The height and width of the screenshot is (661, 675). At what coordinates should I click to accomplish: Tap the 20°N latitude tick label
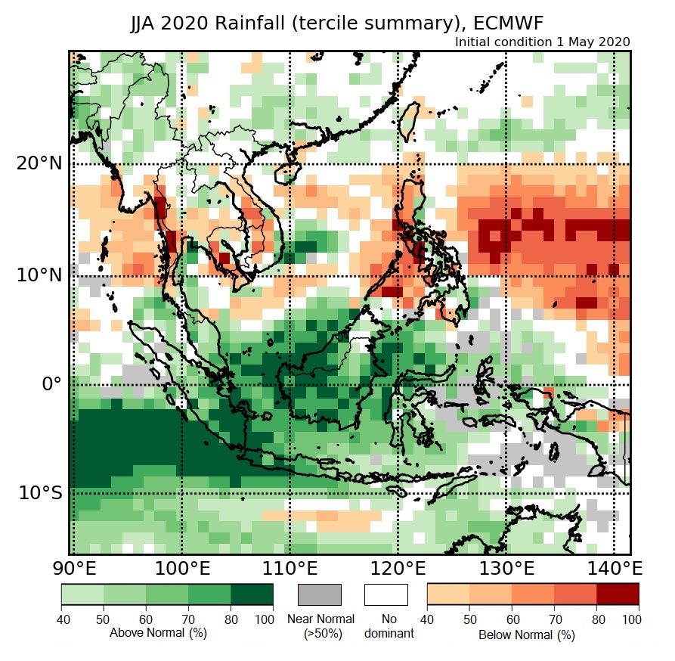coord(39,164)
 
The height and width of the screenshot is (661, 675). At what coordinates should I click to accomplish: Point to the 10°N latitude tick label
coord(39,275)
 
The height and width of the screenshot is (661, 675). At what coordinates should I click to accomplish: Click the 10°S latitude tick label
coord(39,493)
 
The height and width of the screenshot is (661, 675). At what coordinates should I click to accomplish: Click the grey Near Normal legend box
coord(320,594)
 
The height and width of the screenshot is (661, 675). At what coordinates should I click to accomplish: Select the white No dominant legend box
coord(386,594)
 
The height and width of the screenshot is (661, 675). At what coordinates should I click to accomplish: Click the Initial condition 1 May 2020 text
coord(542,42)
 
